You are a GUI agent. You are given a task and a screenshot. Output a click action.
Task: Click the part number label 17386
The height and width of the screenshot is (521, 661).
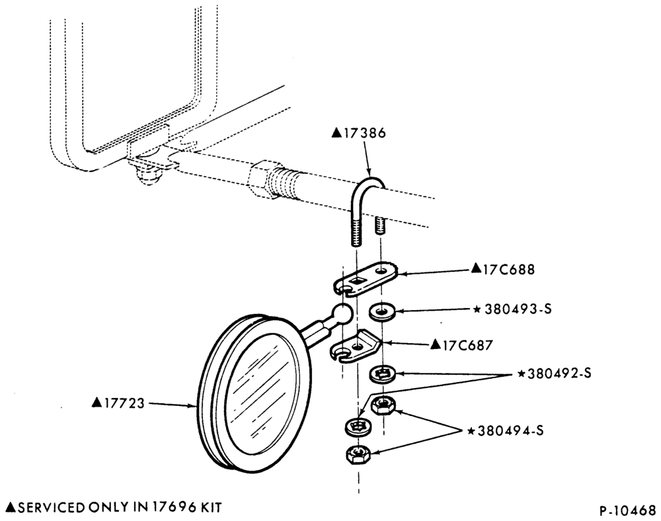[x=365, y=133]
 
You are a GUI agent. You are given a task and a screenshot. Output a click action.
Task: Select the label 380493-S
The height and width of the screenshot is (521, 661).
[x=518, y=309]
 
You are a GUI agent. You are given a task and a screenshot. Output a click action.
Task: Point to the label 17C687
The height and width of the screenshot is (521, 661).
[x=467, y=345]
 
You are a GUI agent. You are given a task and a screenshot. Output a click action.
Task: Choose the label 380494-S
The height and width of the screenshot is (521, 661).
[x=510, y=431]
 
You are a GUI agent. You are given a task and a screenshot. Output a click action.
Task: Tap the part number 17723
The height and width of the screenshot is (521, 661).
[x=124, y=403]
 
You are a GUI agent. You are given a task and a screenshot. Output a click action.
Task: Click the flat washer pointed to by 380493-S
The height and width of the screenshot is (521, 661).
[x=381, y=311]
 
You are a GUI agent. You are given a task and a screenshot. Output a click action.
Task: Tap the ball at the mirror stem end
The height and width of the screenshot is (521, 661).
[x=342, y=313]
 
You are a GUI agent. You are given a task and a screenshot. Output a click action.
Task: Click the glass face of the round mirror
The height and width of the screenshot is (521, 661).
[x=261, y=393]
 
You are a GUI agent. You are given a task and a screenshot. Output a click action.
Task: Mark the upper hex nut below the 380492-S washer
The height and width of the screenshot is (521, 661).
[x=382, y=405]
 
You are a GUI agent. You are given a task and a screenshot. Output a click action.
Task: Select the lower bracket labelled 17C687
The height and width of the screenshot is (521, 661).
[x=356, y=346]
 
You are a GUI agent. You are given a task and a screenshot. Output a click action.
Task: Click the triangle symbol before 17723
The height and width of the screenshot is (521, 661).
[x=97, y=403]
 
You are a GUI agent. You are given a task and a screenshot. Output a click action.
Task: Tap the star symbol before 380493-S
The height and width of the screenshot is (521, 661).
[x=477, y=309]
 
